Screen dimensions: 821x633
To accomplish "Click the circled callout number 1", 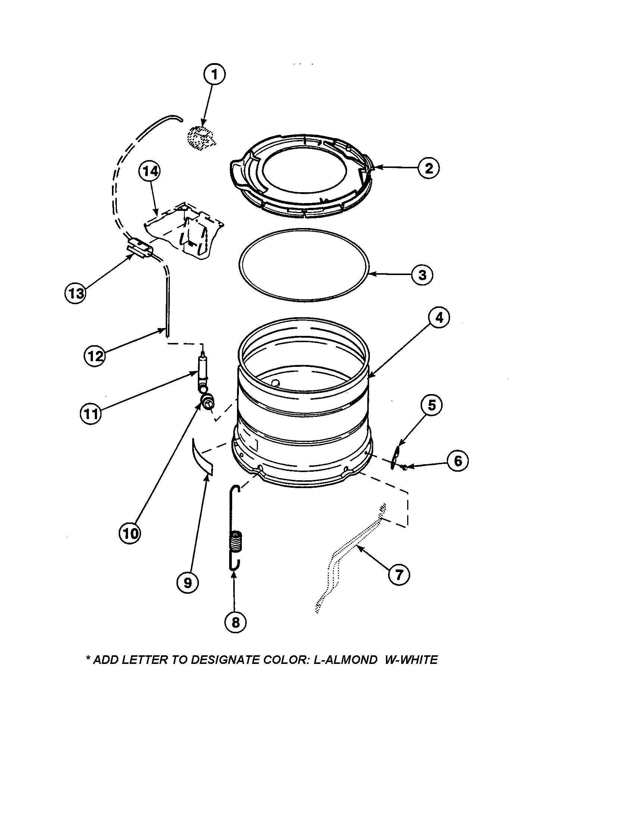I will tap(214, 75).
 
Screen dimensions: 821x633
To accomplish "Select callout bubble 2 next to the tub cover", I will tap(428, 168).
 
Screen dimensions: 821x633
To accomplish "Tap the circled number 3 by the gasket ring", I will tap(422, 275).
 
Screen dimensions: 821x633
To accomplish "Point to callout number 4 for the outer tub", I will tap(439, 318).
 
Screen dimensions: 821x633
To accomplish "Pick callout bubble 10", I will tap(130, 533).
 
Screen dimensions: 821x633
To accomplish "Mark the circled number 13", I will tap(75, 293).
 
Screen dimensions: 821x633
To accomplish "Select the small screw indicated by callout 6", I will tap(405, 467).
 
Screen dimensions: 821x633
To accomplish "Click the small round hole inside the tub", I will tap(275, 383).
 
